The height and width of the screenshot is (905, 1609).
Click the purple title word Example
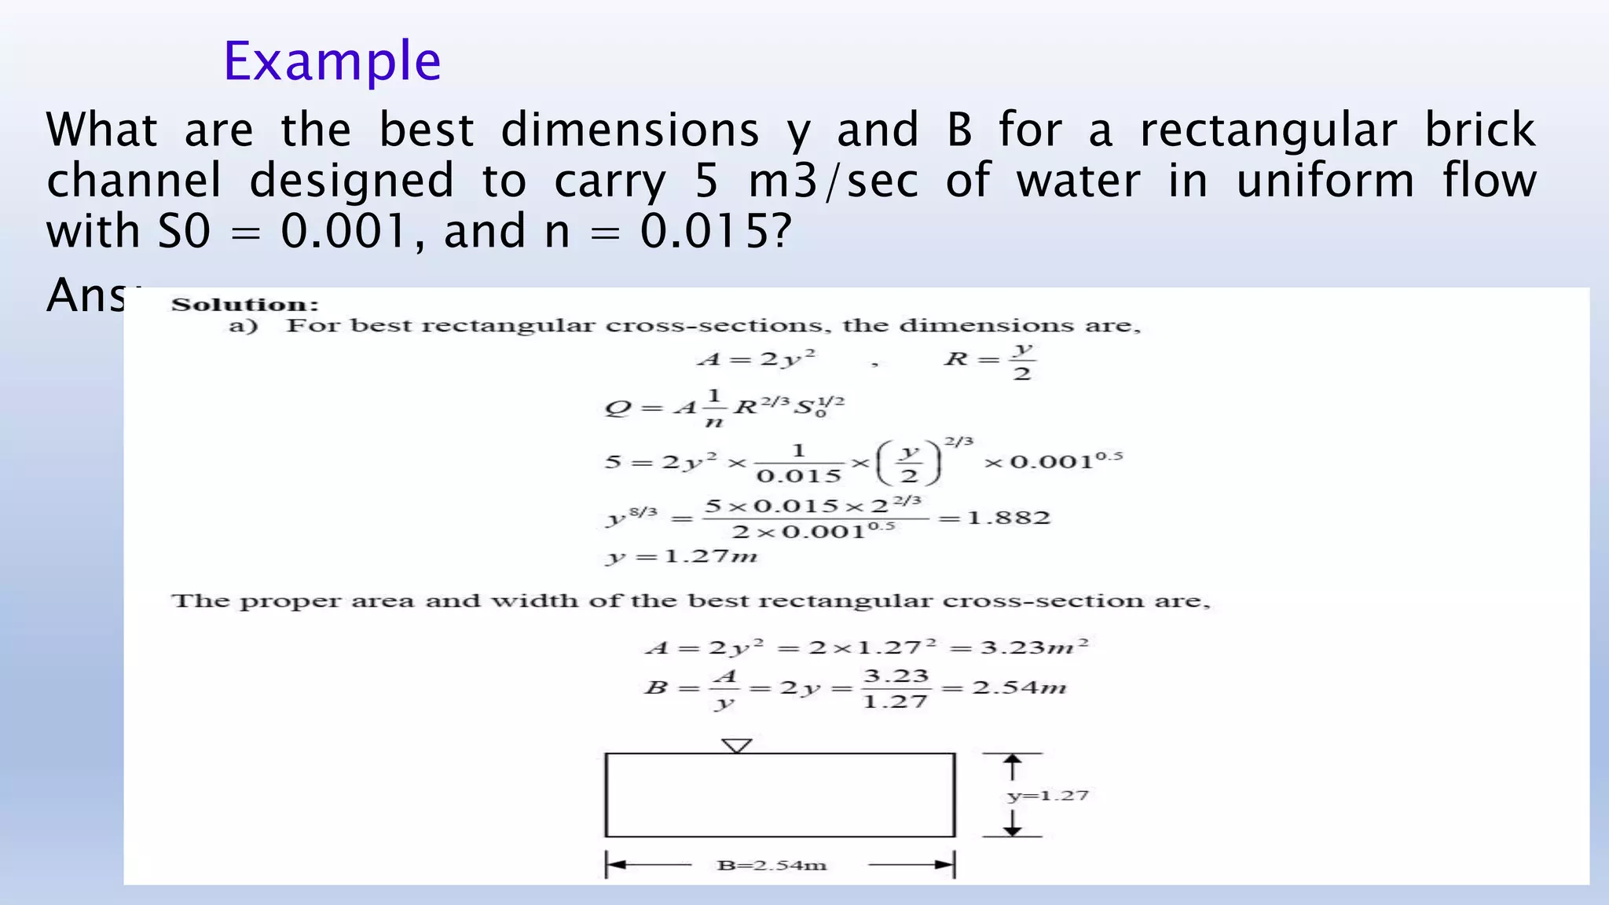coord(332,61)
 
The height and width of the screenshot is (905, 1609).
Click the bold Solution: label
coord(245,305)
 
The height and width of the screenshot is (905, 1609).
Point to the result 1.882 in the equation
coord(1009,518)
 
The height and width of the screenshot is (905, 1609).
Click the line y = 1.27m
coord(681,557)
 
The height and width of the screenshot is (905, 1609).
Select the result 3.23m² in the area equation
coord(1035,647)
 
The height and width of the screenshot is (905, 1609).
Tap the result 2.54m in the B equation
coord(1019,688)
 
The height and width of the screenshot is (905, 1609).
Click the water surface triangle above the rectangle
coord(736,746)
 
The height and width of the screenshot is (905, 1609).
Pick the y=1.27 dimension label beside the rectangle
coord(1048,796)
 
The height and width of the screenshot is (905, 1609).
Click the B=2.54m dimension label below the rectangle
coord(772,866)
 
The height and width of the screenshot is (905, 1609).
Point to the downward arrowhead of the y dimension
coord(1013,830)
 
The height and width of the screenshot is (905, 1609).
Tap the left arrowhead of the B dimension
coord(615,866)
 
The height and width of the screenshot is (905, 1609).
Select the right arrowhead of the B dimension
coord(945,866)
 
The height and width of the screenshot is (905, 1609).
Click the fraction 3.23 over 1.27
coord(896,689)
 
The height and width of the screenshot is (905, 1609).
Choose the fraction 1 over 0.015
coord(798,463)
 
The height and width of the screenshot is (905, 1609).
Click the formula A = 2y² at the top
coord(757,359)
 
